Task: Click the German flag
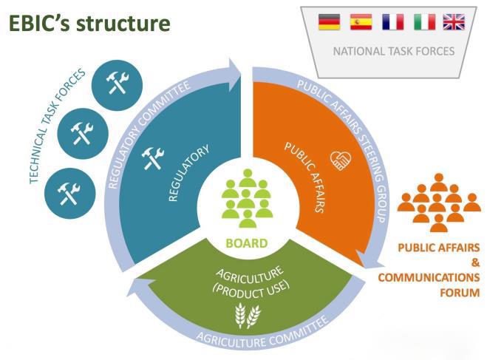point(330,22)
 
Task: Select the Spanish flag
point(361,22)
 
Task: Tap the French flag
point(392,22)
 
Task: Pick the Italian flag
point(423,22)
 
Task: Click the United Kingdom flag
point(454,22)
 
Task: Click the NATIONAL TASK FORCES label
point(392,52)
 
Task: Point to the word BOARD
point(247,242)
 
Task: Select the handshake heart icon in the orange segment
point(340,160)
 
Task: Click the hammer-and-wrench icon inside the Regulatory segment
point(154,156)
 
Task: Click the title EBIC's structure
point(89,24)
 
